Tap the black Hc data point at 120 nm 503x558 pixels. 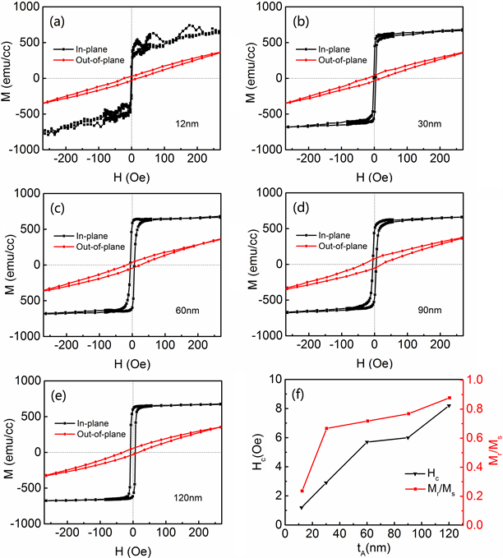pyautogui.click(x=449, y=406)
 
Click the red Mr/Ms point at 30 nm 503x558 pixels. pyautogui.click(x=326, y=428)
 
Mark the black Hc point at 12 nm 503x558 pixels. pyautogui.click(x=302, y=507)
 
